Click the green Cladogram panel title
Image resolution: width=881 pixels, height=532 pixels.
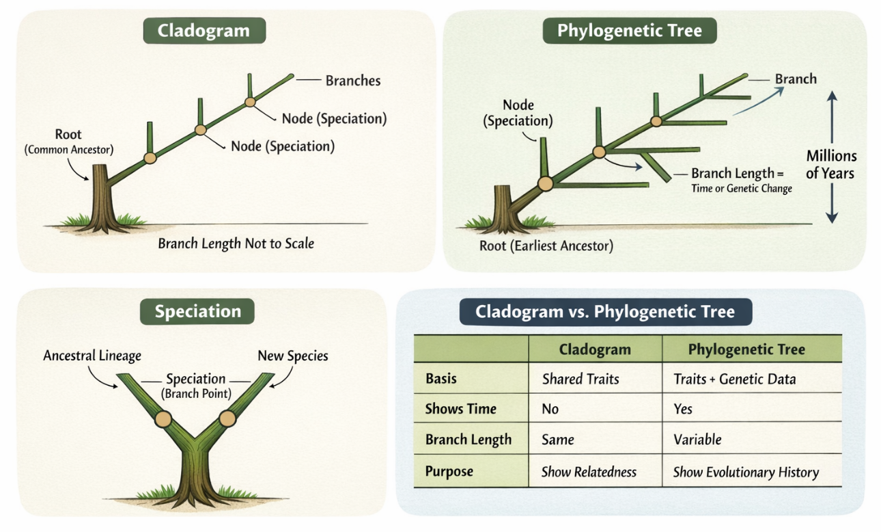tap(203, 31)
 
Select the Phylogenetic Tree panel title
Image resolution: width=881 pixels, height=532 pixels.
tap(629, 31)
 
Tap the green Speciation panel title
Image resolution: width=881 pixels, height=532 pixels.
tap(197, 312)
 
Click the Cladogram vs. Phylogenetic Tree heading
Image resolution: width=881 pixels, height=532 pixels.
tap(605, 312)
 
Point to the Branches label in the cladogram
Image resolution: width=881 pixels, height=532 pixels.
tap(352, 81)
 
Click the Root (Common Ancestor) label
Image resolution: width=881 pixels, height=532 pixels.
tap(68, 142)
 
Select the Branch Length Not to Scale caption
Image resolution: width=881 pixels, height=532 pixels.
tap(236, 243)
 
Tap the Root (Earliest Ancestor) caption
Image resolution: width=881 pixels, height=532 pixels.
tap(545, 245)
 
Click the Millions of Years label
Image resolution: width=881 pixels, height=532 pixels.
tap(830, 164)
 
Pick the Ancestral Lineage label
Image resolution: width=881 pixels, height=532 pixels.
tap(92, 356)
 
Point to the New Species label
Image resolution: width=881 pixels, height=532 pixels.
tap(292, 356)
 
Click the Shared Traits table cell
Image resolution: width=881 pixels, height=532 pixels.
tap(581, 379)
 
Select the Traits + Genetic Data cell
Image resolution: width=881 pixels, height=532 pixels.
tap(734, 379)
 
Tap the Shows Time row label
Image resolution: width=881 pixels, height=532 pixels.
tap(460, 409)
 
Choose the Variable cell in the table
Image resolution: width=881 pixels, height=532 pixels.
tap(697, 440)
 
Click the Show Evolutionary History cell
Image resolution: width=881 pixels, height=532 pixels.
tap(746, 472)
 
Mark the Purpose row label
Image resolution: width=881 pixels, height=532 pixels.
tap(449, 472)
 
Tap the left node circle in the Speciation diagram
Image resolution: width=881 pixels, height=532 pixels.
tap(163, 418)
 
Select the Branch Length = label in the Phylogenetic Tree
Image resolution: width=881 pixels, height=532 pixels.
tap(738, 174)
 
